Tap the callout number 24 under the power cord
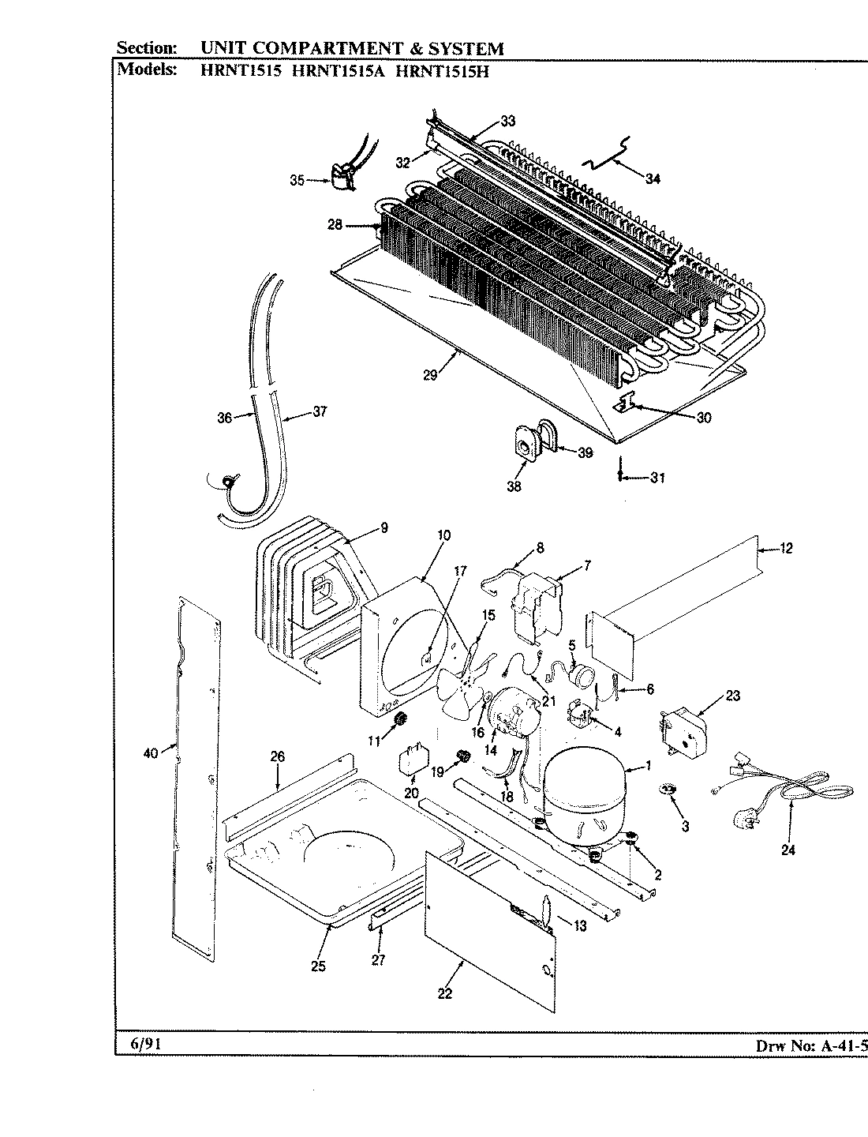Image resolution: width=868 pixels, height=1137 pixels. (x=788, y=850)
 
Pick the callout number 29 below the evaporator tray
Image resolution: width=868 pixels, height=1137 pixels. (x=430, y=375)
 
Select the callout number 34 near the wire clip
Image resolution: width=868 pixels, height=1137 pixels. (x=652, y=178)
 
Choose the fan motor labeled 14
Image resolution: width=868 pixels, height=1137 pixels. (x=511, y=712)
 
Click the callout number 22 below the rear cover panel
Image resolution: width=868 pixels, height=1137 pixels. (x=445, y=993)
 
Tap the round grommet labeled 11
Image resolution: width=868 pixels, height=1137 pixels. (x=399, y=719)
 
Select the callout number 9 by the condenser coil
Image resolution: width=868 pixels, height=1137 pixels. (x=383, y=529)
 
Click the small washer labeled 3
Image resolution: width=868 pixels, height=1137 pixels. (x=670, y=790)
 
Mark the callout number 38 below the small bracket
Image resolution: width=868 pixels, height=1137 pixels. (x=514, y=486)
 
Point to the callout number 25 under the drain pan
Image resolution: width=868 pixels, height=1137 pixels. (x=318, y=966)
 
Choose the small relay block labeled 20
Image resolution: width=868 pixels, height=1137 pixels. (x=413, y=760)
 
